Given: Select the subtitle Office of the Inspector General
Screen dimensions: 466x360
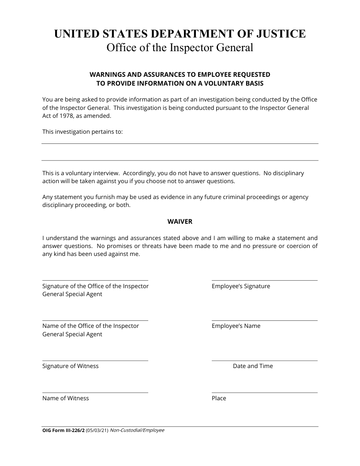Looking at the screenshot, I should (x=180, y=48).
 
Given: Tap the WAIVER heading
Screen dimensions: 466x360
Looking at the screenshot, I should (x=180, y=222).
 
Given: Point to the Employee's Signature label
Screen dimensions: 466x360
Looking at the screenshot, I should (x=241, y=286).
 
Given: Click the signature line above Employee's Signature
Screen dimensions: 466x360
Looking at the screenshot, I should (x=264, y=280).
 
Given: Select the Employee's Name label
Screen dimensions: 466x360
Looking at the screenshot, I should (x=236, y=326).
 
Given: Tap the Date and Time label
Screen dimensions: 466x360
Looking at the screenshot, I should (x=253, y=366).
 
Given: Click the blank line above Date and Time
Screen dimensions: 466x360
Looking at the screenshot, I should (x=264, y=361).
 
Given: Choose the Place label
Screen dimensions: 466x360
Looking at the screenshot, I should (x=219, y=398).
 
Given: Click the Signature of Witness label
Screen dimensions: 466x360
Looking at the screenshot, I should (x=71, y=366).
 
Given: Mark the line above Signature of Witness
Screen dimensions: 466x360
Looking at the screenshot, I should (x=95, y=361).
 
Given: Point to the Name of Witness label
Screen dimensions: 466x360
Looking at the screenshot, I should (x=66, y=398).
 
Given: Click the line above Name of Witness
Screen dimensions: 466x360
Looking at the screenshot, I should (x=95, y=392).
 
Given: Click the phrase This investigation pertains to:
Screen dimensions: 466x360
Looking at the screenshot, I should (x=82, y=132).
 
